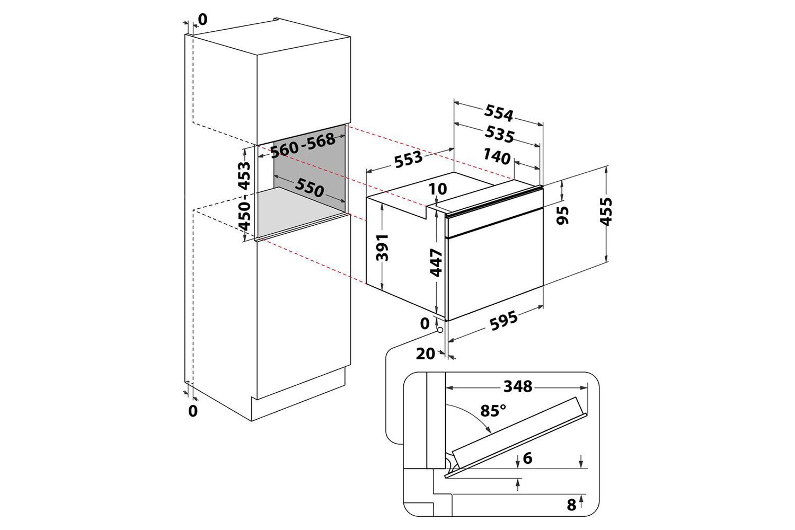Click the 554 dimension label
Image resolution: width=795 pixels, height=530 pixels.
(x=499, y=113)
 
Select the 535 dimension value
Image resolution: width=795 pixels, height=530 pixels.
(x=499, y=134)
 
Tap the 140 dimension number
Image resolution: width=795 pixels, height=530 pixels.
(x=497, y=157)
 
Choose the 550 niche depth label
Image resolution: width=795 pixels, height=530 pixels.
(x=310, y=188)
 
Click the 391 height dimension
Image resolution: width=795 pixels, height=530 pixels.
(x=382, y=247)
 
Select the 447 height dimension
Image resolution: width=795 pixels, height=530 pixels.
(x=436, y=262)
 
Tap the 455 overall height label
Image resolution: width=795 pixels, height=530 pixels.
(x=606, y=211)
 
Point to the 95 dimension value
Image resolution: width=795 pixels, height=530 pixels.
(x=563, y=214)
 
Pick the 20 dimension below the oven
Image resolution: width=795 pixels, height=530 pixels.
(x=425, y=354)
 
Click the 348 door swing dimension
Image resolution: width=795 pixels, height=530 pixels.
(x=517, y=386)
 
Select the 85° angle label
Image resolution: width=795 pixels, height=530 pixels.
(x=493, y=411)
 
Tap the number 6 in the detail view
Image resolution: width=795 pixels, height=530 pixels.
(x=527, y=458)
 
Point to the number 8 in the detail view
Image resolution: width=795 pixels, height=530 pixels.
(x=571, y=505)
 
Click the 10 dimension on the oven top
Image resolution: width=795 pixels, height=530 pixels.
(x=438, y=189)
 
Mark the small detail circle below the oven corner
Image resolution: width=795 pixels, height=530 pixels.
(x=440, y=330)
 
